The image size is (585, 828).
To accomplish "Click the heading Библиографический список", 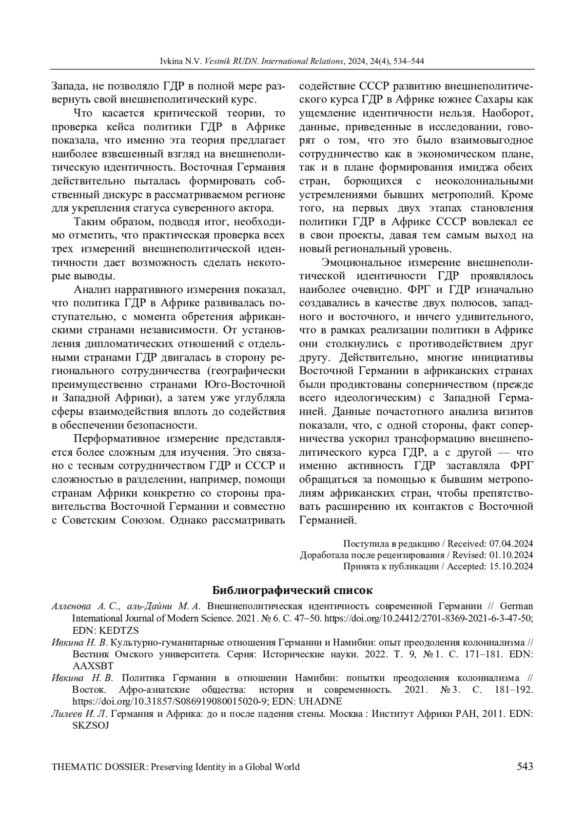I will tap(292, 590).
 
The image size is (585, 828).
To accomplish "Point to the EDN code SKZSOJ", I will tap(91, 725).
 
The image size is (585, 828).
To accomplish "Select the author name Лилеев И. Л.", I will tap(80, 713).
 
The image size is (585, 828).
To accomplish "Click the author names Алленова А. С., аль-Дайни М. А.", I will tap(126, 606).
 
